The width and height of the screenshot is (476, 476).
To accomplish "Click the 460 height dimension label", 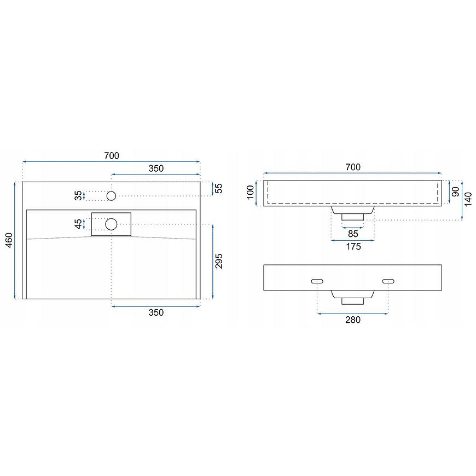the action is (x=9, y=240).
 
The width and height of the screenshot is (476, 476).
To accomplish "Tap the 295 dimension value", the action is (x=218, y=261).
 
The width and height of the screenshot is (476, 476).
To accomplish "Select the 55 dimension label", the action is (x=218, y=188).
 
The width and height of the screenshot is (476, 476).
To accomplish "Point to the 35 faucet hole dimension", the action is (x=78, y=195).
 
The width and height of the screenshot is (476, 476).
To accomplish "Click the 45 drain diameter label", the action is (x=78, y=224).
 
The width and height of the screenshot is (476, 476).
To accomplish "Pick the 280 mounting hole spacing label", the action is (x=353, y=320).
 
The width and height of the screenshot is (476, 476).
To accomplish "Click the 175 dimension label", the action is (x=353, y=247).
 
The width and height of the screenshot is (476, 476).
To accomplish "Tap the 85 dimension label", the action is (x=353, y=234).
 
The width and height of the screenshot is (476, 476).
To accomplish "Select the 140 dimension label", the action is (x=468, y=199).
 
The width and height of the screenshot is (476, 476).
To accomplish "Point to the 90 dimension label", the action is (x=456, y=191).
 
